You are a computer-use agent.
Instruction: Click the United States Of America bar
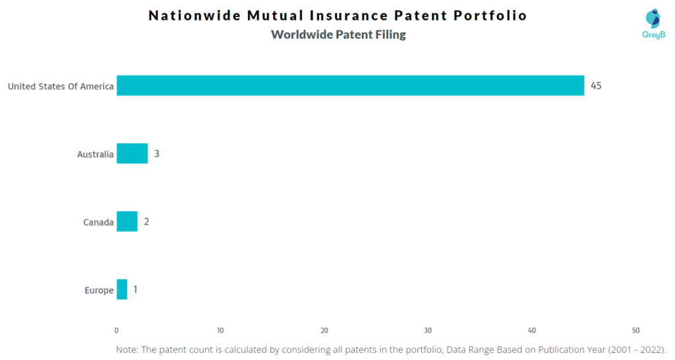351,85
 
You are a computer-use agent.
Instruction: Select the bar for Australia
132,154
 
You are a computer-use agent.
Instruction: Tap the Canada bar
127,222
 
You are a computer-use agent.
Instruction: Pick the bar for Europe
122,289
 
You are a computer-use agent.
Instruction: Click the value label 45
596,86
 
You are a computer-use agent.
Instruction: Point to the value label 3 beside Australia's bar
157,154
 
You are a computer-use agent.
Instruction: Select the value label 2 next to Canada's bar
146,222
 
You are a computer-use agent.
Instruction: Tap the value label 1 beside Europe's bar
135,290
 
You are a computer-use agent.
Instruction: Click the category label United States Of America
61,86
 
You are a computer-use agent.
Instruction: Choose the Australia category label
95,154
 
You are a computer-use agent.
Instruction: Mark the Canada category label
98,222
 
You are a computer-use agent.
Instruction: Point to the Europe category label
99,291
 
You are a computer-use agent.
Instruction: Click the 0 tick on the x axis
117,331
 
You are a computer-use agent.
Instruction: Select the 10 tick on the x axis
220,331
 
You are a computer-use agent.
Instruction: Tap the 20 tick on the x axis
324,331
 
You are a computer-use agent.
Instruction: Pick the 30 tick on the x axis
428,331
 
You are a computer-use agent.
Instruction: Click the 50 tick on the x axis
636,331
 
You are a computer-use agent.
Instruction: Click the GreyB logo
653,24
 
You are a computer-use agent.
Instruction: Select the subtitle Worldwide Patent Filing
338,34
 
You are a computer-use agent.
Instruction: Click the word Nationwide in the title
194,16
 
